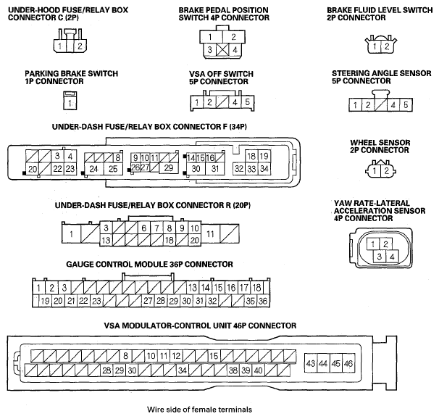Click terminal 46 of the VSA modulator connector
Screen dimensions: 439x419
click(348, 363)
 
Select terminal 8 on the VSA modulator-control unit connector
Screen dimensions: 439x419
click(126, 356)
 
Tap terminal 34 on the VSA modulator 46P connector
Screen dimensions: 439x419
click(183, 370)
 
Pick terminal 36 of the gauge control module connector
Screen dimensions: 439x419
click(263, 301)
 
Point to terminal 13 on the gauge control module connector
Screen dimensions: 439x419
click(193, 288)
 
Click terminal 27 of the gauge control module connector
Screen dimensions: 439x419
click(148, 301)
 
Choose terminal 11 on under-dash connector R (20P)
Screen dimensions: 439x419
click(211, 233)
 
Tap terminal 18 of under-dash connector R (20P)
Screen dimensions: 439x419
click(169, 240)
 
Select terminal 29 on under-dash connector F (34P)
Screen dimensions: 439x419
click(169, 167)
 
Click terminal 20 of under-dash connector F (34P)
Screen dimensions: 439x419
click(32, 169)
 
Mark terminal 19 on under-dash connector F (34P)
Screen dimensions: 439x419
click(264, 156)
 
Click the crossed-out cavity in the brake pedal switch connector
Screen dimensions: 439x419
click(222, 50)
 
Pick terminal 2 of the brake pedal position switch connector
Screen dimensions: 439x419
click(234, 37)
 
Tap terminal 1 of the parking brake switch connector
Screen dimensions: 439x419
click(70, 104)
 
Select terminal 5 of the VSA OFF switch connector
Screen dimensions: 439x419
click(247, 102)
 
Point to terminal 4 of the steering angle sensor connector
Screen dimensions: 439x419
click(393, 104)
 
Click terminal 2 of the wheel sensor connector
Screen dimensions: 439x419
click(387, 170)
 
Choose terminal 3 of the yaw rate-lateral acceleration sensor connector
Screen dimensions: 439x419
click(380, 257)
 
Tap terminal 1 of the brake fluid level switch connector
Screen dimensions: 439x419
click(375, 46)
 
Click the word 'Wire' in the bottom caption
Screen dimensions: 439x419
click(155, 410)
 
